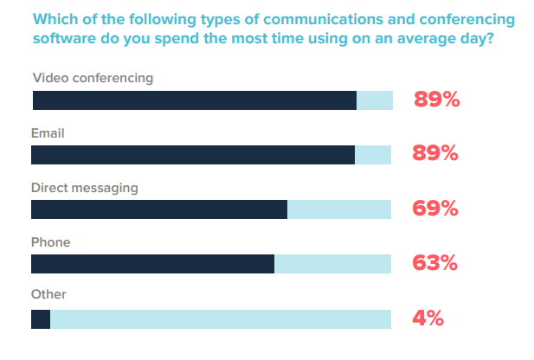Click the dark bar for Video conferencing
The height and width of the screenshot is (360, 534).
[195, 100]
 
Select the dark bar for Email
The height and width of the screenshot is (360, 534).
[193, 155]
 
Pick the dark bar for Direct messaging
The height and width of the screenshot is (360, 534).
[159, 209]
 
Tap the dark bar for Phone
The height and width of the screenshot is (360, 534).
[152, 264]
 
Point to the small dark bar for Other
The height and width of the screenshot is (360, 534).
[41, 319]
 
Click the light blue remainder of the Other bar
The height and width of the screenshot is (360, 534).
[221, 319]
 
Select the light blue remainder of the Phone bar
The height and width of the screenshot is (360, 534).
[332, 264]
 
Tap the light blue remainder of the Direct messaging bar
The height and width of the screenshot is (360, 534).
[338, 209]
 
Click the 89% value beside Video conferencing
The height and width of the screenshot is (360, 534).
[435, 100]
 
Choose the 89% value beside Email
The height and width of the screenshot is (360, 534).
[435, 154]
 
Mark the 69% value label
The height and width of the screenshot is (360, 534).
[435, 209]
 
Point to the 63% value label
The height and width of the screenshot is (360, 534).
[435, 263]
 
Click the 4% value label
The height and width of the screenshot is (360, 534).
[428, 318]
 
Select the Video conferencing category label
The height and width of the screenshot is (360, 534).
[93, 78]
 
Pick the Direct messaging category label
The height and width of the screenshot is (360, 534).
[85, 188]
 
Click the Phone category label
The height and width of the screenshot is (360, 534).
[50, 242]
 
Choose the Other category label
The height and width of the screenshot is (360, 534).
[48, 295]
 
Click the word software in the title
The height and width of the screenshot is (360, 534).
[67, 39]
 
